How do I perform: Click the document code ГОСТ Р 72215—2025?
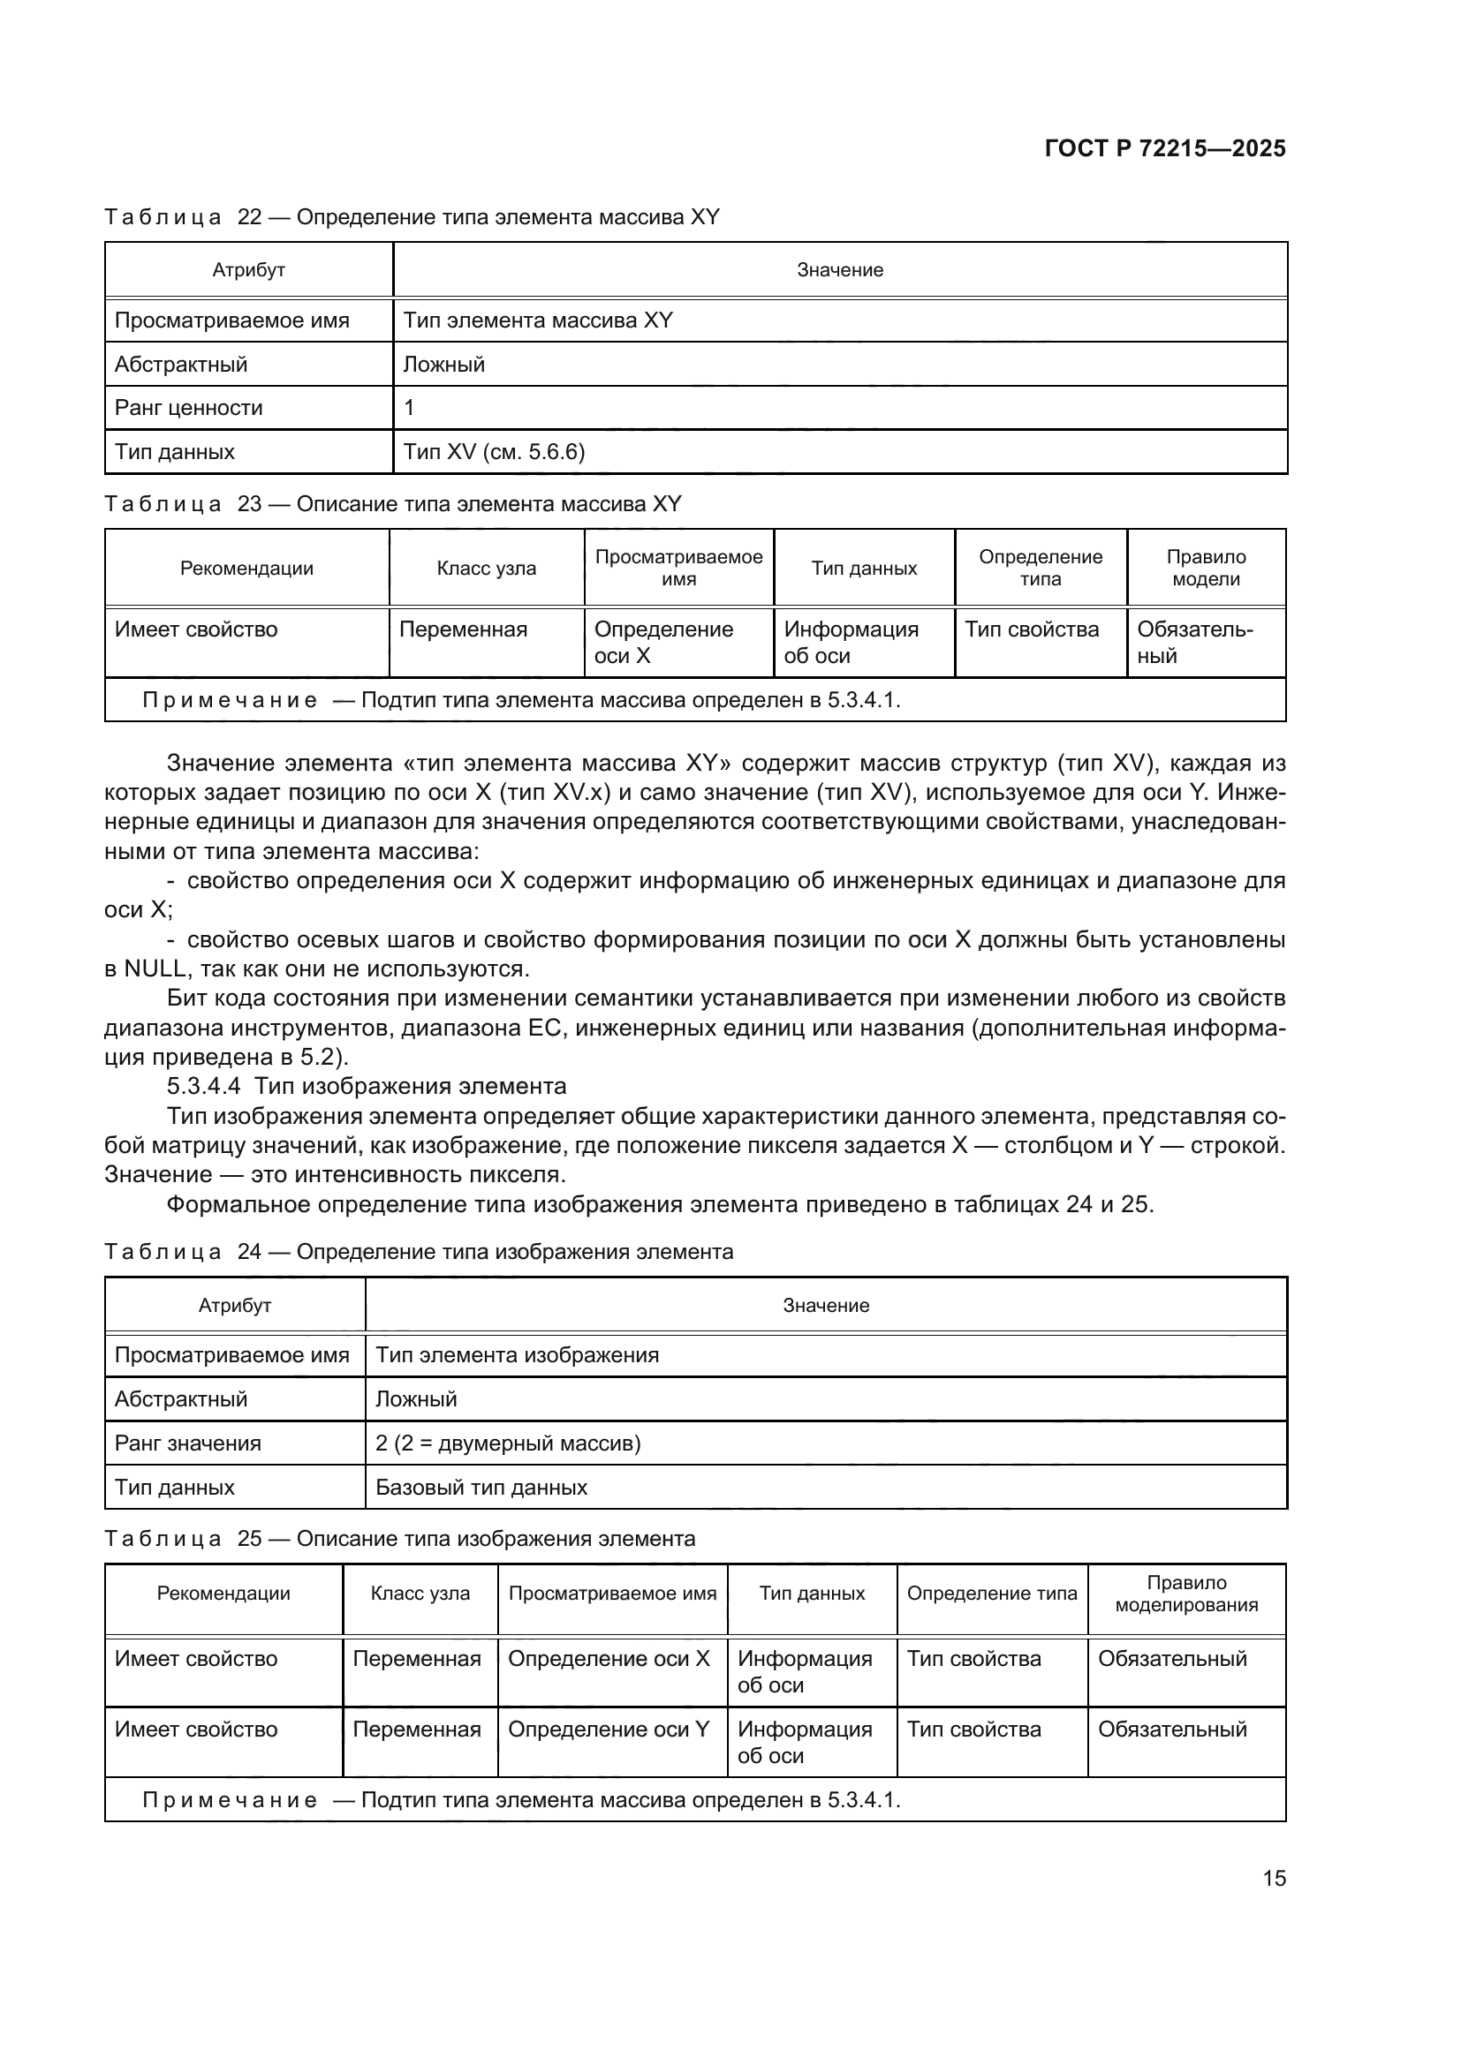click(x=1165, y=149)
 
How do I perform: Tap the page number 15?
click(x=1274, y=1878)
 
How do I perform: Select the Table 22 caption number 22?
click(x=249, y=217)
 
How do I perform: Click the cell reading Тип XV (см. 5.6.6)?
click(x=494, y=451)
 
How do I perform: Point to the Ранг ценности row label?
click(x=189, y=409)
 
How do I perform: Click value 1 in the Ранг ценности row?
click(x=409, y=409)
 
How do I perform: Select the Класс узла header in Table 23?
click(x=486, y=569)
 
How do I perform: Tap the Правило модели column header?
click(x=1206, y=568)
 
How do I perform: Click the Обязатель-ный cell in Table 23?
click(x=1194, y=642)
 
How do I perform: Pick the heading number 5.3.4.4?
click(x=203, y=1087)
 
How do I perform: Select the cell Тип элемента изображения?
click(x=518, y=1355)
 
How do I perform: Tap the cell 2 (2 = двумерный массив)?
click(x=507, y=1443)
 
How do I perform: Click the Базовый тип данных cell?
click(x=481, y=1488)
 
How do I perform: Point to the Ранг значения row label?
click(x=188, y=1443)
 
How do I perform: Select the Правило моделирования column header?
click(x=1185, y=1594)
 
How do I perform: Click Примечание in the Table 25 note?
click(x=230, y=1800)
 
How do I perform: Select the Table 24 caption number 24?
click(x=249, y=1252)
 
